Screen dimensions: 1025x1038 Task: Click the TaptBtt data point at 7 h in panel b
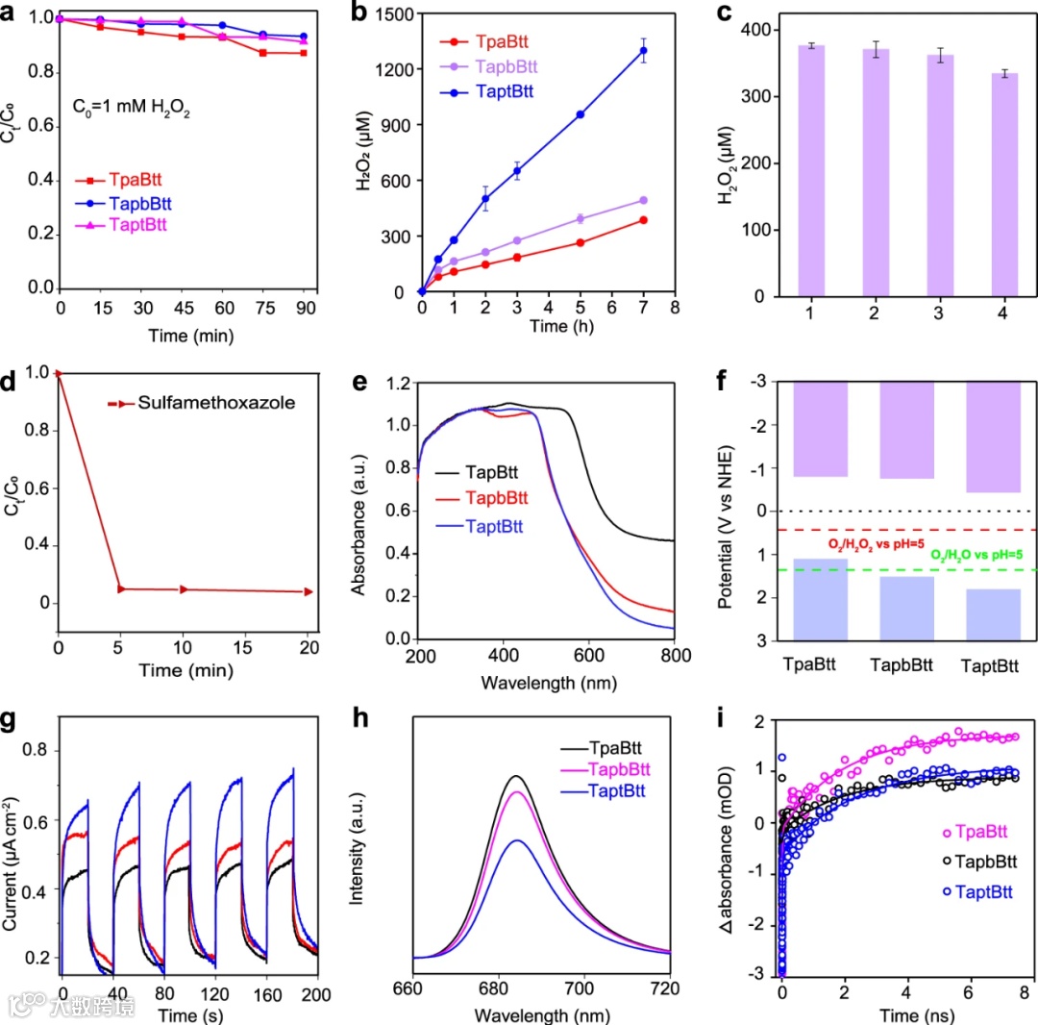coord(644,50)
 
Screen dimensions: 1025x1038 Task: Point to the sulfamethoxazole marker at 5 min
coord(121,588)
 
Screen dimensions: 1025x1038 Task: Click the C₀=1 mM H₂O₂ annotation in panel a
coord(131,112)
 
